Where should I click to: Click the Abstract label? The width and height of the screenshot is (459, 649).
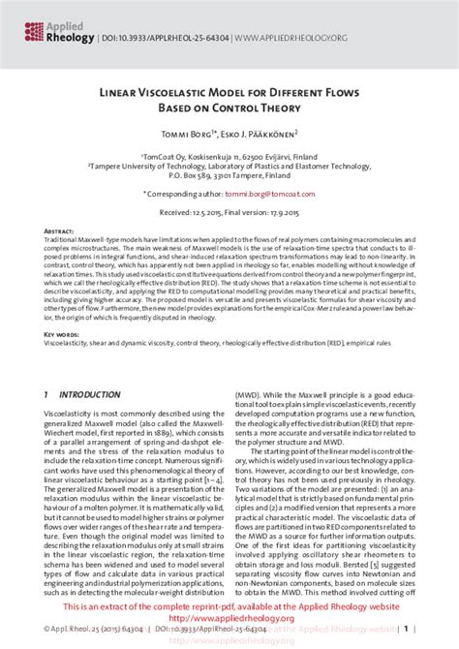pyautogui.click(x=60, y=233)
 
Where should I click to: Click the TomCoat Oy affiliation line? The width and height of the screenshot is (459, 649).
pyautogui.click(x=229, y=154)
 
